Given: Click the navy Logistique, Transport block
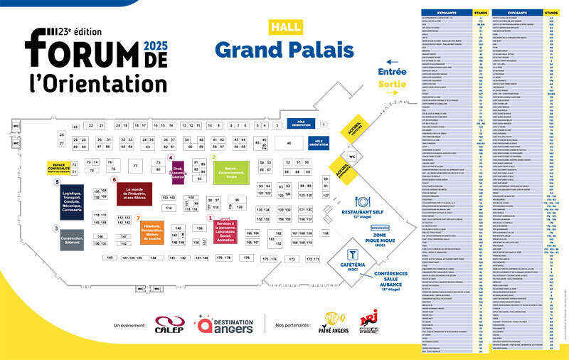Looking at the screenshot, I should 68,201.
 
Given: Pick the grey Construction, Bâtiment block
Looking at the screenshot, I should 72,240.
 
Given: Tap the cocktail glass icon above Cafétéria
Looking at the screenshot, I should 352,255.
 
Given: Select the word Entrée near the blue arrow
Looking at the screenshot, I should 393,72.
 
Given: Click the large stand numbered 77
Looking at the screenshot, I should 136,166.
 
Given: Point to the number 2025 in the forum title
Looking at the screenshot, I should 155,46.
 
